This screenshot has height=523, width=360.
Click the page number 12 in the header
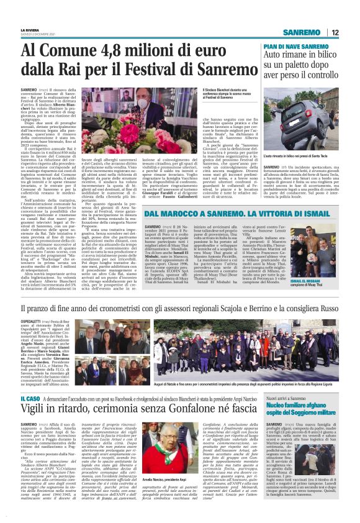pos(335,32)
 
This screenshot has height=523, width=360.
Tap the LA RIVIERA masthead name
pos(29,29)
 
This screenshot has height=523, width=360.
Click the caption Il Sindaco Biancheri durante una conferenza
pos(230,94)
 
